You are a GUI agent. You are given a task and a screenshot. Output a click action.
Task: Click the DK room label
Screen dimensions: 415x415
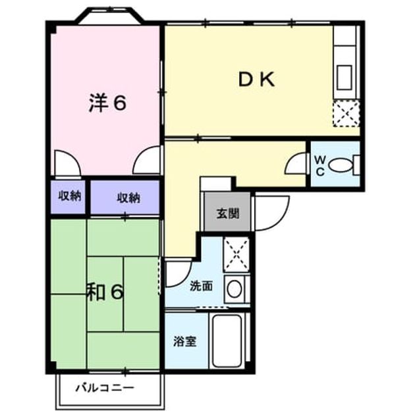click(256, 80)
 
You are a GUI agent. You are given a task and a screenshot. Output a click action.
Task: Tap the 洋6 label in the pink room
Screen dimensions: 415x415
click(107, 103)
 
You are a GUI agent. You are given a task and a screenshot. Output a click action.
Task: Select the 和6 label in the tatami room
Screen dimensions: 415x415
click(105, 292)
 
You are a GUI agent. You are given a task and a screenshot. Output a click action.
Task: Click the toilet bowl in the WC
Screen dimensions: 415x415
click(341, 165)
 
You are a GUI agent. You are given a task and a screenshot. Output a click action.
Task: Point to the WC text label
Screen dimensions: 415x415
click(320, 166)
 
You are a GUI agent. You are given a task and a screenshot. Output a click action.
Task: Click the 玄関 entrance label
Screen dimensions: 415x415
click(228, 213)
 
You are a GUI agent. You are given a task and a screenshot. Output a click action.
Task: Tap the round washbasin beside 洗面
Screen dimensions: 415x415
click(235, 289)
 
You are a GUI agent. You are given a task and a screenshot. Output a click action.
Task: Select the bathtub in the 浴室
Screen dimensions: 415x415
click(227, 341)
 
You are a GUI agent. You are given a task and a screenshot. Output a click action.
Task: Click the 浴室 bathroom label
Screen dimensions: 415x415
click(184, 341)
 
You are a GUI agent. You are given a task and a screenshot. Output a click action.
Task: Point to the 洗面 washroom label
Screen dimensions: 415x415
click(202, 286)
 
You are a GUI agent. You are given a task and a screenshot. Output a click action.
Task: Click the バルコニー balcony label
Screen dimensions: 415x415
click(105, 388)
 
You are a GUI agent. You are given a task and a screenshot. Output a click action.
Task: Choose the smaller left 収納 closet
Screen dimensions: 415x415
click(69, 197)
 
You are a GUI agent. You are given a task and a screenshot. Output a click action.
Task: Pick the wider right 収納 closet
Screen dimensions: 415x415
click(125, 197)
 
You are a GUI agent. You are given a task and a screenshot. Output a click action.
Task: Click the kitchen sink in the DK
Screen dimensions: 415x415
click(344, 77)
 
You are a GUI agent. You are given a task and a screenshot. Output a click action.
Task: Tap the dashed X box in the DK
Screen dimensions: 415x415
click(346, 113)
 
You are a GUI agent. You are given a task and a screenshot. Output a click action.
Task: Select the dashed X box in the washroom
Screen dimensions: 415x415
click(236, 255)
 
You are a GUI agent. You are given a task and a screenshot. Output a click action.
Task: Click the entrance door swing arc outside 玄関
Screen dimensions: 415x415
click(281, 220)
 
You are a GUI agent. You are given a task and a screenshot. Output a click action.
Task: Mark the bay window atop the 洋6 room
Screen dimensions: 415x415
click(111, 16)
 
